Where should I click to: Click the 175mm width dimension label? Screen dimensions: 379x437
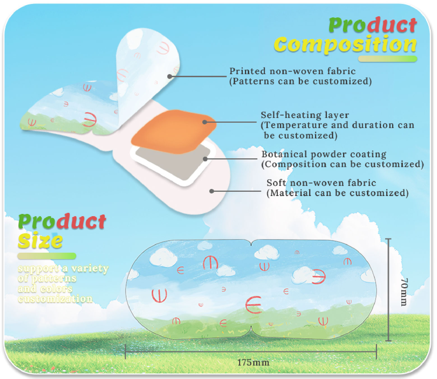(253, 362)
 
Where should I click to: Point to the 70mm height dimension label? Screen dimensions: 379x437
(404, 292)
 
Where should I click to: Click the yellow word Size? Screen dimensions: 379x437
(40, 241)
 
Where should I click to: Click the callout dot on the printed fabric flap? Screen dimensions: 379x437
(169, 76)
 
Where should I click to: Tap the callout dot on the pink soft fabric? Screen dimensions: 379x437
(212, 191)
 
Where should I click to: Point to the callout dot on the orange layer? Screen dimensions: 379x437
(205, 122)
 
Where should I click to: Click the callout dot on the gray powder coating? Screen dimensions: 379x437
(205, 159)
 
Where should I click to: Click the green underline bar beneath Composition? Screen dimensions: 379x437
(388, 59)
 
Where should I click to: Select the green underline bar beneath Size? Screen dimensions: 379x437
(47, 256)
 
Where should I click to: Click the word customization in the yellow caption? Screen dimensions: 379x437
(55, 299)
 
